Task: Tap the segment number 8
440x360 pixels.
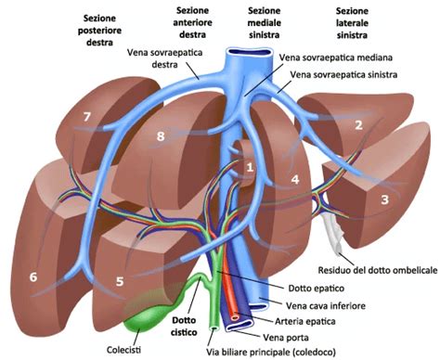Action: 161,137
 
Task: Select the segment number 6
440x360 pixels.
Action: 34,276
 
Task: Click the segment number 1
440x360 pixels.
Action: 250,167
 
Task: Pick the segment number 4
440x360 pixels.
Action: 294,178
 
